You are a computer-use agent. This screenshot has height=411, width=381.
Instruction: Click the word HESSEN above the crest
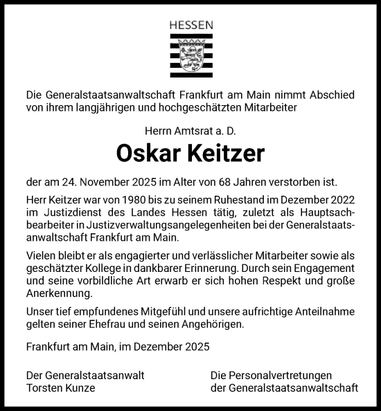(190, 26)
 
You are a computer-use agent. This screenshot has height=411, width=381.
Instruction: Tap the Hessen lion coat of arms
(190, 55)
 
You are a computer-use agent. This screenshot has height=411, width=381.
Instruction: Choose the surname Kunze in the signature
(82, 388)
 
